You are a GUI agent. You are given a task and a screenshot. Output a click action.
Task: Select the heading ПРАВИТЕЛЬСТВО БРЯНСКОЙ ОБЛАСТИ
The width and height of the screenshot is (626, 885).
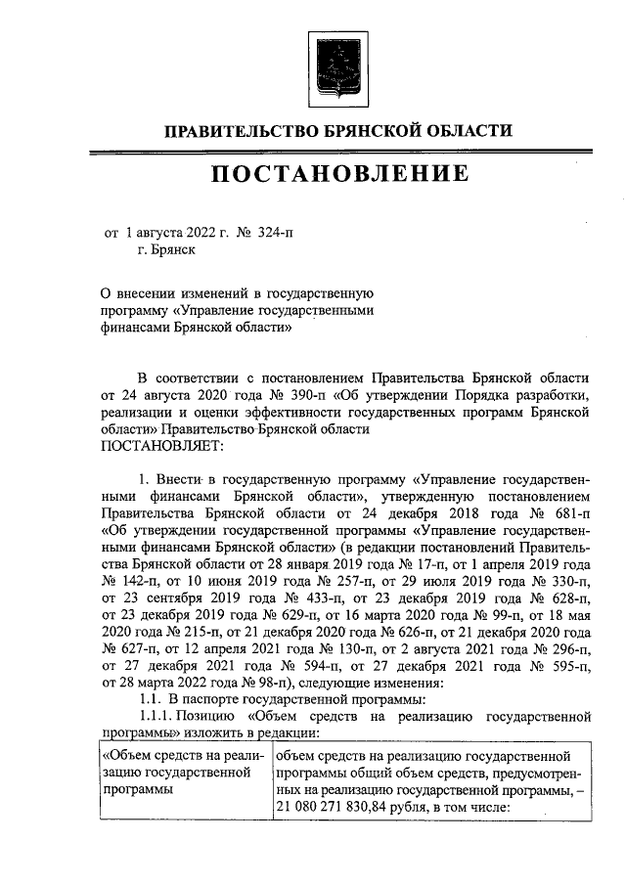click(336, 131)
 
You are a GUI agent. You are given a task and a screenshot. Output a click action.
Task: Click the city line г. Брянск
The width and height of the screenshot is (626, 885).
click(165, 250)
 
